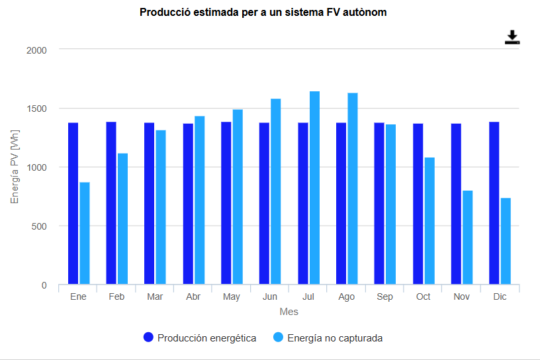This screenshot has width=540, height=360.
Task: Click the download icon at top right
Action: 512,38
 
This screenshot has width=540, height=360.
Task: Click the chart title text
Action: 263,13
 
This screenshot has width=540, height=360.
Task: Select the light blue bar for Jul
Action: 314,188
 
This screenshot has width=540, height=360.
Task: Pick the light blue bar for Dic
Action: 506,241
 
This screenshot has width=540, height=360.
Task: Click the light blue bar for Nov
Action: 467,238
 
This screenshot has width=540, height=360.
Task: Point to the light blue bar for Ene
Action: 85,233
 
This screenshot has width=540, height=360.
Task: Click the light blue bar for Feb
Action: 123,219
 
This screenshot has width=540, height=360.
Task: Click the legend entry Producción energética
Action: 200,338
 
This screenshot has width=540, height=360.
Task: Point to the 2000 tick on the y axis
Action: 36,50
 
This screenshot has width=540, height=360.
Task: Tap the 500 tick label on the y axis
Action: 40,226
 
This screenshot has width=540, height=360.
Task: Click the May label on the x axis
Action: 232,297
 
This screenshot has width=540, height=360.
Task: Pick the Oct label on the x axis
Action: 424,297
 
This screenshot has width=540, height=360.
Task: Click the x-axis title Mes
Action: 289,312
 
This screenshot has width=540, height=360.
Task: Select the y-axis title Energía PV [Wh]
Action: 15,167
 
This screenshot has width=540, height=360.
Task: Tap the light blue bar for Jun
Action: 276,192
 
